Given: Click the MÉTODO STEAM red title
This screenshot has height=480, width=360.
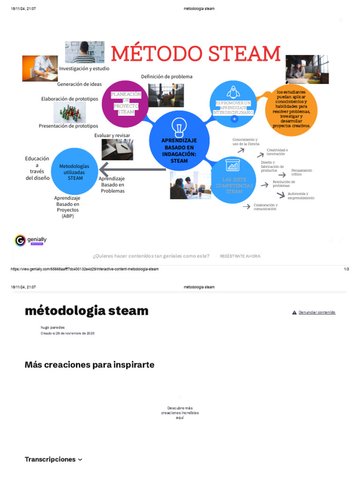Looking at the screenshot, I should coord(195,54).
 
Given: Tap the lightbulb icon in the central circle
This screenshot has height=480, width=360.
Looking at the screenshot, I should coord(179,127).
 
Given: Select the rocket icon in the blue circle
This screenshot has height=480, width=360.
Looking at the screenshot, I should coord(233,91).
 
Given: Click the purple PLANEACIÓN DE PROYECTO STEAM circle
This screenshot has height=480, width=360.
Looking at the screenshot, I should coord(125,104).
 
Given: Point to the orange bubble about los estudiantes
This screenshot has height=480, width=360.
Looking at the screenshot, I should coord(291,109).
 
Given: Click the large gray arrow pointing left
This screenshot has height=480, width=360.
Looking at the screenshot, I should coord(131,169).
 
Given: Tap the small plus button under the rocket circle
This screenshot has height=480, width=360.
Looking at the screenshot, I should coord(234,119).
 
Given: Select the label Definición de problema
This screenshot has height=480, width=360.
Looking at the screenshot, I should coord(166,76).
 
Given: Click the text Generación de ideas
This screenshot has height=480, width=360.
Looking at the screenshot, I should coord(79,84).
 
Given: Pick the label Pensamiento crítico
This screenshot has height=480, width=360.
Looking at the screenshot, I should coord(301,172).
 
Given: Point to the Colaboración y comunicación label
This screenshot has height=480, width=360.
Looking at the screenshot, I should coord(265,207).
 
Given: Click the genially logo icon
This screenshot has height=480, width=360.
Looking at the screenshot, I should coord(20,240).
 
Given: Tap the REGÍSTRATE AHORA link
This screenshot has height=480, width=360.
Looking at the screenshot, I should coord(240,256).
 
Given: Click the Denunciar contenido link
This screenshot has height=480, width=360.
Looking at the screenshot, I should coord(316,312).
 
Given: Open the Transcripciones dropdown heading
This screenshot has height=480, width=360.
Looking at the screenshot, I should coord(53,459).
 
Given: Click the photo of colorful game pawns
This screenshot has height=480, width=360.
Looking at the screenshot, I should coord(69,112).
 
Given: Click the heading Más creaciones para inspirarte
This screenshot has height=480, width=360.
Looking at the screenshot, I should coord(89,365).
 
